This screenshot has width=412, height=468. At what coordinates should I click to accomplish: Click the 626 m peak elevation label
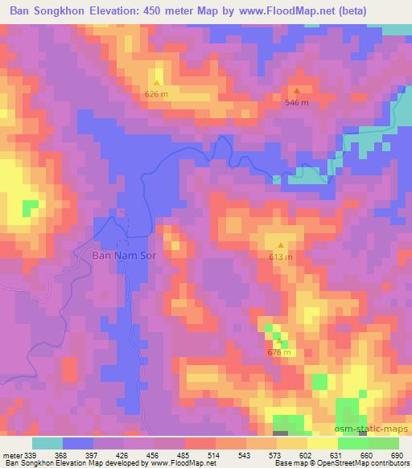156,94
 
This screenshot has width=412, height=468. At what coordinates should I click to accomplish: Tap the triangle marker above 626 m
157,83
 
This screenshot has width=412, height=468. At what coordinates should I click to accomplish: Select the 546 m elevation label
297,103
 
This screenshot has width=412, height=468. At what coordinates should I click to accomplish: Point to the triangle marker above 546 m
297,92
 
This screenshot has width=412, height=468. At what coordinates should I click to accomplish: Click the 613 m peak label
280,257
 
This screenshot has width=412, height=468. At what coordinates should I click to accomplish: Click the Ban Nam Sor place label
124,255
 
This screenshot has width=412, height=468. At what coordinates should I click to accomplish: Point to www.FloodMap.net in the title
287,11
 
